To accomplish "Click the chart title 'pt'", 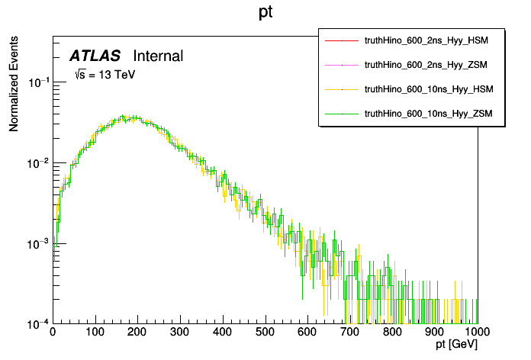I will click(265, 14).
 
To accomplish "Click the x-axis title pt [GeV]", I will click(456, 346).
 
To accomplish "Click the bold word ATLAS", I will click(95, 56).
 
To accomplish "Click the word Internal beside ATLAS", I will click(158, 56).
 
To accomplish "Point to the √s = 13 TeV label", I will click(105, 75).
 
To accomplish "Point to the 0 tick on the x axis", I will click(52, 333).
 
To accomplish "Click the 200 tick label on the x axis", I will click(137, 333).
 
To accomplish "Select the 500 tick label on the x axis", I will click(265, 333).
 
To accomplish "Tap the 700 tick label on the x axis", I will click(350, 333).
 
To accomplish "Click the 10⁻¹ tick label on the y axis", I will click(38, 82).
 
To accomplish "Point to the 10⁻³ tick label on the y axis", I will click(38, 243).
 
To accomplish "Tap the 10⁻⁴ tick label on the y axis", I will click(38, 323).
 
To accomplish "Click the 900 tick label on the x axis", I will click(435, 333).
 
